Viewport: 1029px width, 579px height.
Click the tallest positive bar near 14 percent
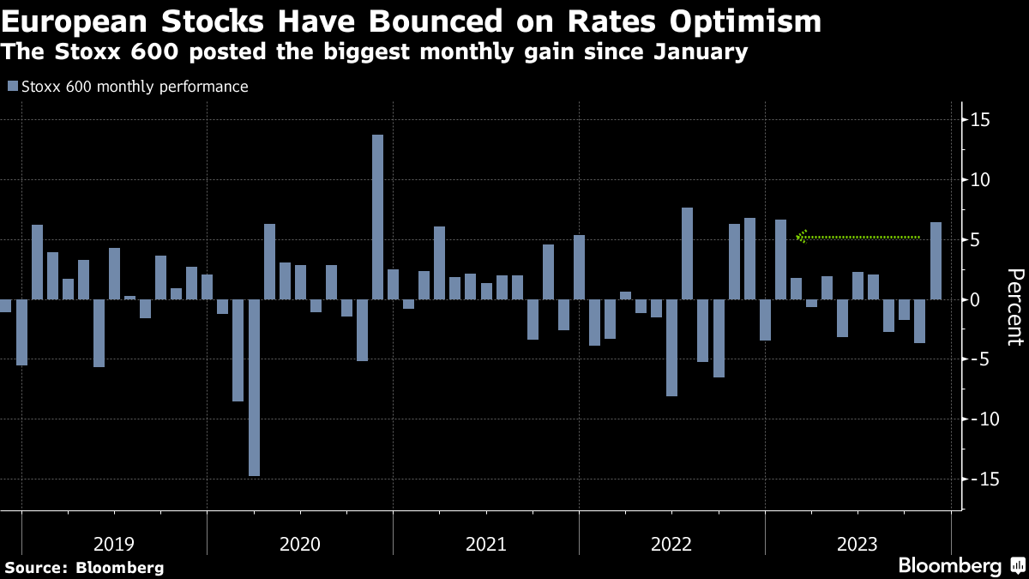coord(377,217)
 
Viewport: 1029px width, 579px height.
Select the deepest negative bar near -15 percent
coord(254,388)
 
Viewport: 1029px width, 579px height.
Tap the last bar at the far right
coord(936,261)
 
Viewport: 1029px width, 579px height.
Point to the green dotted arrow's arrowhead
coord(802,237)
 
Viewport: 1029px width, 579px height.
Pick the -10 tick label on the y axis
coord(977,419)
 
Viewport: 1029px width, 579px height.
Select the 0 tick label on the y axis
coord(975,299)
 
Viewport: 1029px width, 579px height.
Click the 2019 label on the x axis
coord(114,544)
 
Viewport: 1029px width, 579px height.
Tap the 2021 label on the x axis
coord(486,544)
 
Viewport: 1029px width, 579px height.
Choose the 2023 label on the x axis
coord(857,544)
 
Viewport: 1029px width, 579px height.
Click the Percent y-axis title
coord(1014,306)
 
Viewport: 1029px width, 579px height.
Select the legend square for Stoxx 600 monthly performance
coord(12,86)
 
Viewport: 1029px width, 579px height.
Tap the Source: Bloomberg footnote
coord(84,567)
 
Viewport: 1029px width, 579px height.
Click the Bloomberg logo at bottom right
coord(960,565)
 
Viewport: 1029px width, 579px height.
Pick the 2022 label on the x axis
coord(672,544)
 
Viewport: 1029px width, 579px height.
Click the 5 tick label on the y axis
coord(975,239)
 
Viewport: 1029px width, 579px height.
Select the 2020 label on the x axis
coord(300,544)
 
